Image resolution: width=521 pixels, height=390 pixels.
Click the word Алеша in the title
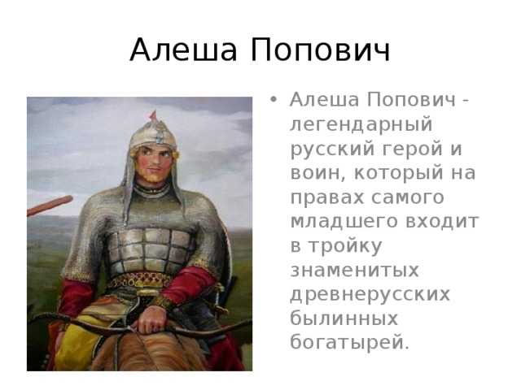click(x=183, y=50)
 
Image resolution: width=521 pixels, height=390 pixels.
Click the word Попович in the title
click(x=320, y=50)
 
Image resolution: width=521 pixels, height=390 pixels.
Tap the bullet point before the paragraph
click(x=274, y=99)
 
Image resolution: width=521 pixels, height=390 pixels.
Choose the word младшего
click(x=344, y=222)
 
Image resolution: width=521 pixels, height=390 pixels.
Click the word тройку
click(x=345, y=247)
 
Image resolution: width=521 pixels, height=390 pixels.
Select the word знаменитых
click(x=355, y=271)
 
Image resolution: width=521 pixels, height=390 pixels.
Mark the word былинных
click(x=344, y=318)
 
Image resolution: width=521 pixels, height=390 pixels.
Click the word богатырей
click(x=350, y=343)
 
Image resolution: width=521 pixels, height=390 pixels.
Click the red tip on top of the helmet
click(x=153, y=115)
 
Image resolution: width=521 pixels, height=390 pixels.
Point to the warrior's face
click(x=154, y=162)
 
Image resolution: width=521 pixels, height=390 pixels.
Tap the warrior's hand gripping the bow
click(x=151, y=319)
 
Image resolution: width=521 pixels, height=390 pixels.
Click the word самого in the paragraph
click(x=408, y=197)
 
